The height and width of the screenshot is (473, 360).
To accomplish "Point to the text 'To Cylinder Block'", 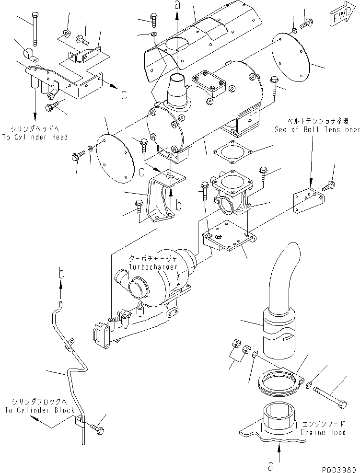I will (x=39, y=410).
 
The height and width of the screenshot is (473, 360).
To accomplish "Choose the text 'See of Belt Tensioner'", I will (x=316, y=129).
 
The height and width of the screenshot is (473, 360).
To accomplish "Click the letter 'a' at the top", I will (x=177, y=5).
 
